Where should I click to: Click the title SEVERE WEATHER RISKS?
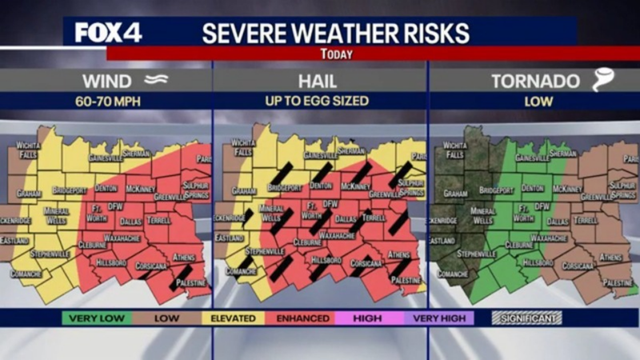tap(335, 32)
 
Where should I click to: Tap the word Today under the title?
tap(335, 54)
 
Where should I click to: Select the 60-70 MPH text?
tap(106, 102)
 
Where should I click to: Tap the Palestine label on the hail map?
tap(407, 281)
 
